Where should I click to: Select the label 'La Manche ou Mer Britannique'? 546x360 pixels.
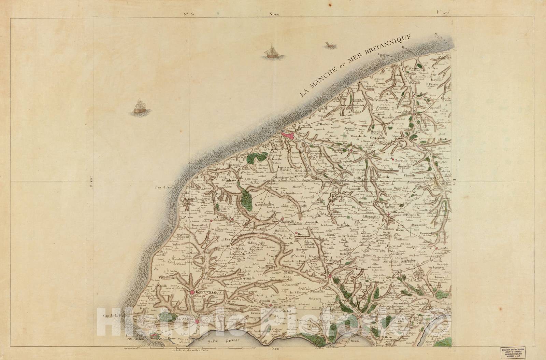pos(355,65)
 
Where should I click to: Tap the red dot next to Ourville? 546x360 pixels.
pos(393,160)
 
